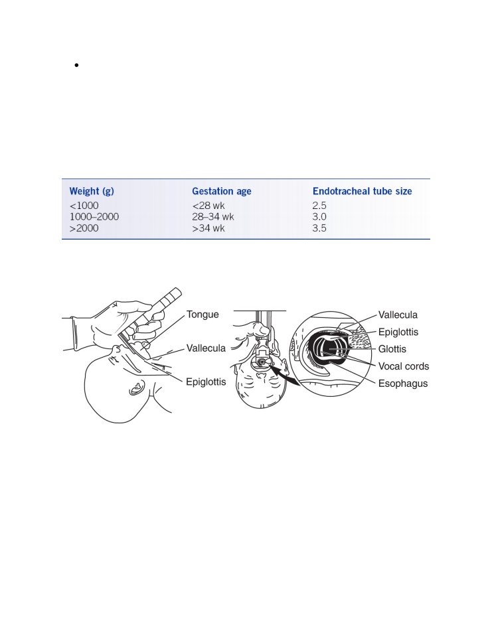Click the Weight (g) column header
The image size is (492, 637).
(x=92, y=191)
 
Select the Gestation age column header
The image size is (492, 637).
(x=222, y=191)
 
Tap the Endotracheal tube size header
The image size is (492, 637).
(x=363, y=191)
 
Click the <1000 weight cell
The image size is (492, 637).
(x=84, y=206)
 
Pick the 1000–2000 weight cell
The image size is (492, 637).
(x=94, y=217)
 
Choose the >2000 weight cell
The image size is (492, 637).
(x=84, y=228)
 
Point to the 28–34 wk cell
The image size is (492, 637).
(x=213, y=217)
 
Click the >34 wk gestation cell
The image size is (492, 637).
(x=208, y=228)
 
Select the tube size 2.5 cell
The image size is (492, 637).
(x=319, y=206)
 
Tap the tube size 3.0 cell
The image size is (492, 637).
(x=319, y=217)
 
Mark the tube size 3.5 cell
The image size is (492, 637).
(x=319, y=228)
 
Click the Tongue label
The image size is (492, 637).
(x=203, y=315)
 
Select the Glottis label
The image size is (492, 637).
(x=392, y=349)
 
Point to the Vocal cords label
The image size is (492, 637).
(x=403, y=366)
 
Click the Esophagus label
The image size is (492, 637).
(x=403, y=384)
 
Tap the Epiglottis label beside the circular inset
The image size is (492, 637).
(x=398, y=332)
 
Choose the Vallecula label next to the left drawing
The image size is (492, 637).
(x=206, y=348)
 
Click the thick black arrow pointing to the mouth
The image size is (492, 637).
(x=285, y=376)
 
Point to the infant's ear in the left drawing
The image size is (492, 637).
(x=136, y=388)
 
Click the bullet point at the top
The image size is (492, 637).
(x=76, y=65)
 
